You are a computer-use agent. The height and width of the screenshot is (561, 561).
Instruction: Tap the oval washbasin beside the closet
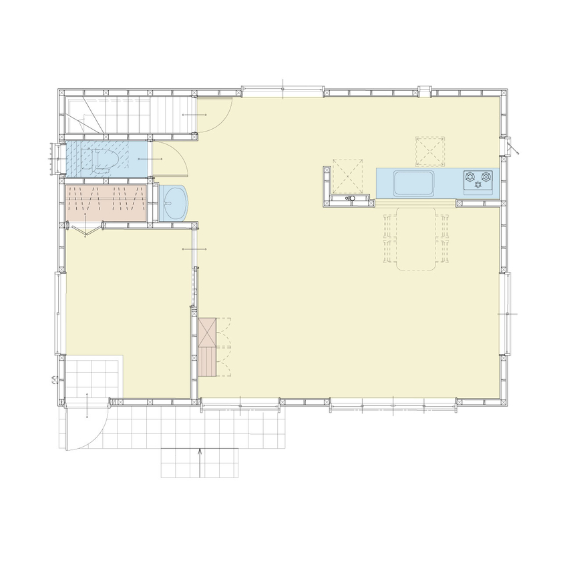(x=176, y=202)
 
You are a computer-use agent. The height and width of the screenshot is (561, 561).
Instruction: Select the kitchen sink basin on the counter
(x=414, y=182)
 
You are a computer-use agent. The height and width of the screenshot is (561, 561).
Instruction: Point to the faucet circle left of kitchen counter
(x=350, y=198)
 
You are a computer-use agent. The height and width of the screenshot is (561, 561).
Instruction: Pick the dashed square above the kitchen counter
(x=429, y=151)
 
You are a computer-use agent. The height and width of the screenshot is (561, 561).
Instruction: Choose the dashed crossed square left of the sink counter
(x=349, y=174)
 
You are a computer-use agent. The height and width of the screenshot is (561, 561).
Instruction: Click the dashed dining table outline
(x=415, y=238)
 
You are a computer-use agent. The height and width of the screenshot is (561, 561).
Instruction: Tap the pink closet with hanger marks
(x=106, y=203)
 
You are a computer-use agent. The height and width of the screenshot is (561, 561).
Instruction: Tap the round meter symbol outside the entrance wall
(x=53, y=381)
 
